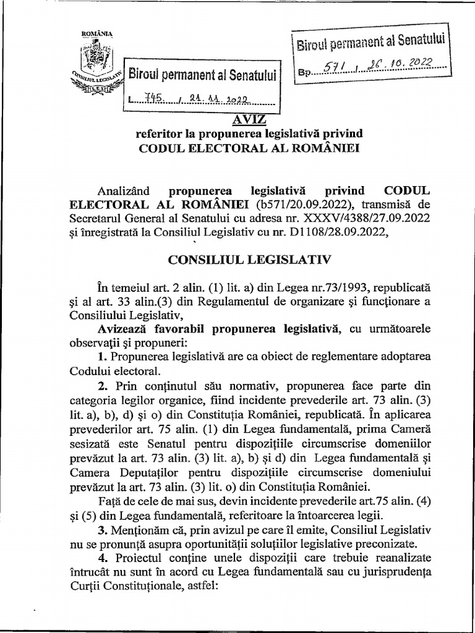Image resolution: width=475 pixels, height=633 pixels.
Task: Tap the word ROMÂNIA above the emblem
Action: click(x=95, y=33)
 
